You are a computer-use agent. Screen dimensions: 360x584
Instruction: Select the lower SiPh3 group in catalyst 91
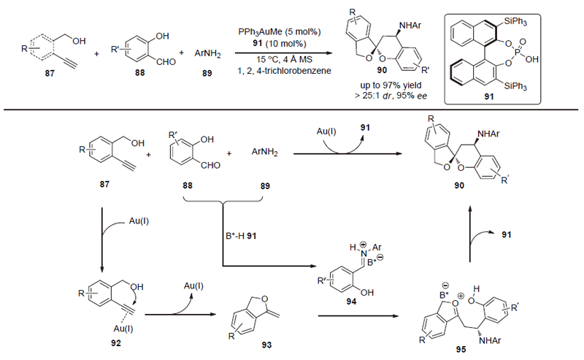tap(534, 88)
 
